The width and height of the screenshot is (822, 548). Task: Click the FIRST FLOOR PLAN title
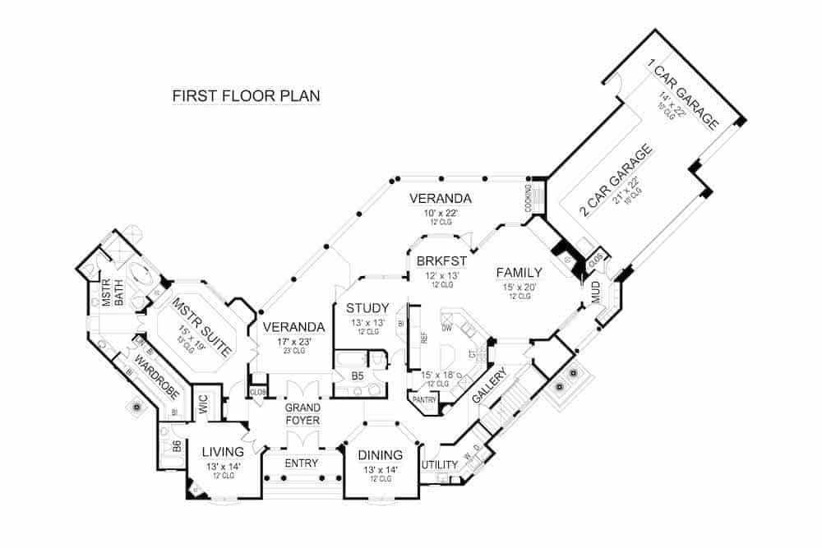246,96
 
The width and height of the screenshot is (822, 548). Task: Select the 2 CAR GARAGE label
617,181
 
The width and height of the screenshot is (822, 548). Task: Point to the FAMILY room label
517,273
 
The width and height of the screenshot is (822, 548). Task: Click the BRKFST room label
441,261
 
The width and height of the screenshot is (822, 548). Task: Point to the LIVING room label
223,452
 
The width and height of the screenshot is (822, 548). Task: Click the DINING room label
380,455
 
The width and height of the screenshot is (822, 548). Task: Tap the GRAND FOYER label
302,414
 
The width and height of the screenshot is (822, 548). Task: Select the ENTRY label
301,463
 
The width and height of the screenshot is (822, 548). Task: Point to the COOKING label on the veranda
529,197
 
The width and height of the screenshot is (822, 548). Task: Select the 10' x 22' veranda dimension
441,213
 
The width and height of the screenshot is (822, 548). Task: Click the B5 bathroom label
358,375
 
